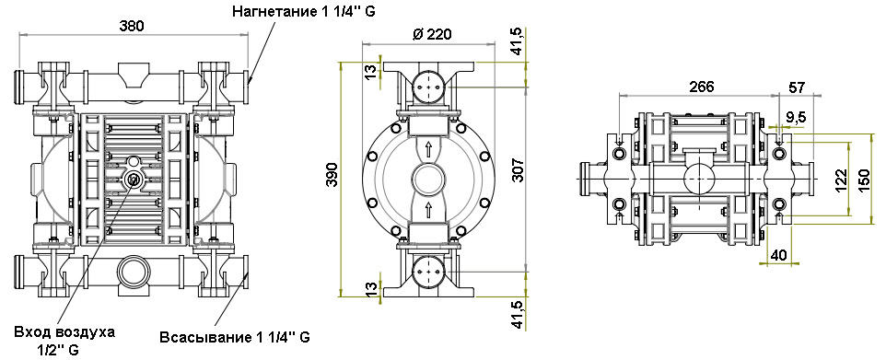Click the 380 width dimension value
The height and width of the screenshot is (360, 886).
[132, 27]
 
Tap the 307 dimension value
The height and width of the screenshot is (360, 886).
[518, 172]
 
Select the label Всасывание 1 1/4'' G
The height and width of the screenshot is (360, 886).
[234, 337]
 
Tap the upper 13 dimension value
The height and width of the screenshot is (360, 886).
[369, 72]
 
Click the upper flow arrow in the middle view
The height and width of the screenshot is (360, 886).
[429, 147]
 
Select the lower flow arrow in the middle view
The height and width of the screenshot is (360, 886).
[429, 210]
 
